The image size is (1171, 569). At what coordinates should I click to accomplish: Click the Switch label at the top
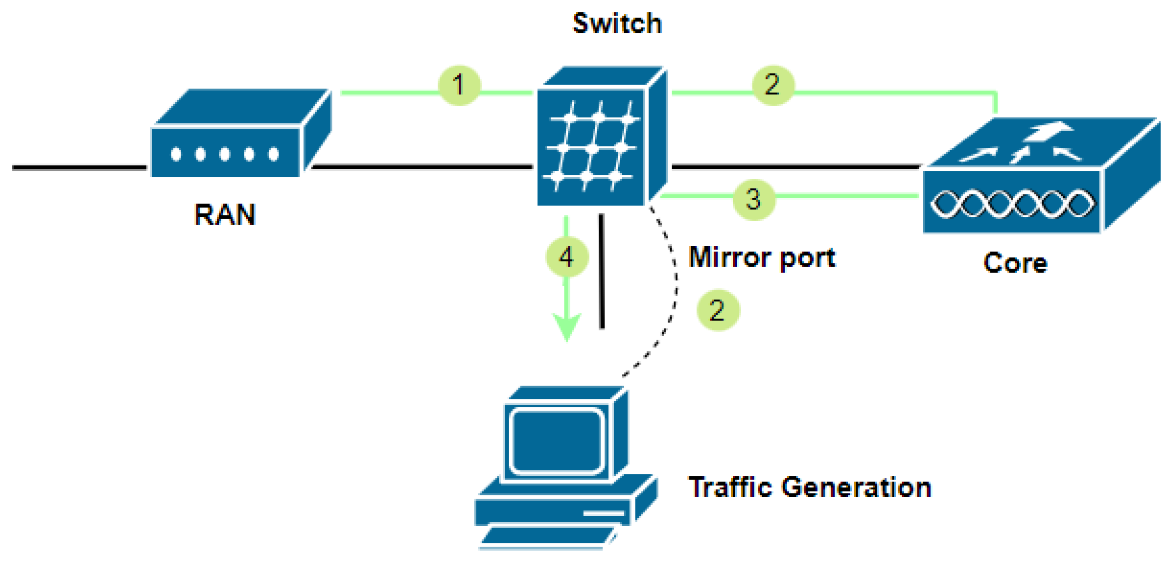pyautogui.click(x=617, y=23)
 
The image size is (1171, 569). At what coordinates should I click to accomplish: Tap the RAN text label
pyautogui.click(x=225, y=215)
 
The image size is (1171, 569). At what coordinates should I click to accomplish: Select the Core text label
pyautogui.click(x=1015, y=263)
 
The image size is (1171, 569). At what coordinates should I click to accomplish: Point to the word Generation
pyautogui.click(x=856, y=488)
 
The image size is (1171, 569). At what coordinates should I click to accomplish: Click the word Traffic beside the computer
pyautogui.click(x=730, y=488)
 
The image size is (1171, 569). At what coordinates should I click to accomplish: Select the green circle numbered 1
pyautogui.click(x=459, y=85)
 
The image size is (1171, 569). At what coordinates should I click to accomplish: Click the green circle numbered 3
pyautogui.click(x=754, y=199)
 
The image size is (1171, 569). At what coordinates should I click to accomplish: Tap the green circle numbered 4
pyautogui.click(x=566, y=257)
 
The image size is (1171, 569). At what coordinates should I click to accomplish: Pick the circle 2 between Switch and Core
pyautogui.click(x=773, y=85)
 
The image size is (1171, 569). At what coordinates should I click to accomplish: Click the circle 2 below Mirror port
pyautogui.click(x=717, y=310)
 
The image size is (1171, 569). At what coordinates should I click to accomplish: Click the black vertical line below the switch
pyautogui.click(x=602, y=271)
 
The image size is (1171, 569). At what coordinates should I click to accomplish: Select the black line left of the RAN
pyautogui.click(x=78, y=168)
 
